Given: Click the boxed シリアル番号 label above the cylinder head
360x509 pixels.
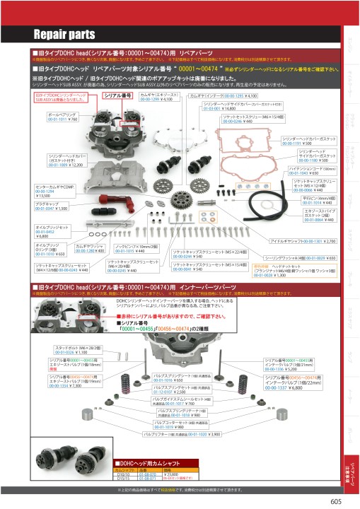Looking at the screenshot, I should (x=119, y=95).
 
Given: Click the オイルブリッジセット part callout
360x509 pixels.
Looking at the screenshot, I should (x=49, y=231).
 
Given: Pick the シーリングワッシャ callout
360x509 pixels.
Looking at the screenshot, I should (x=305, y=258).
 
